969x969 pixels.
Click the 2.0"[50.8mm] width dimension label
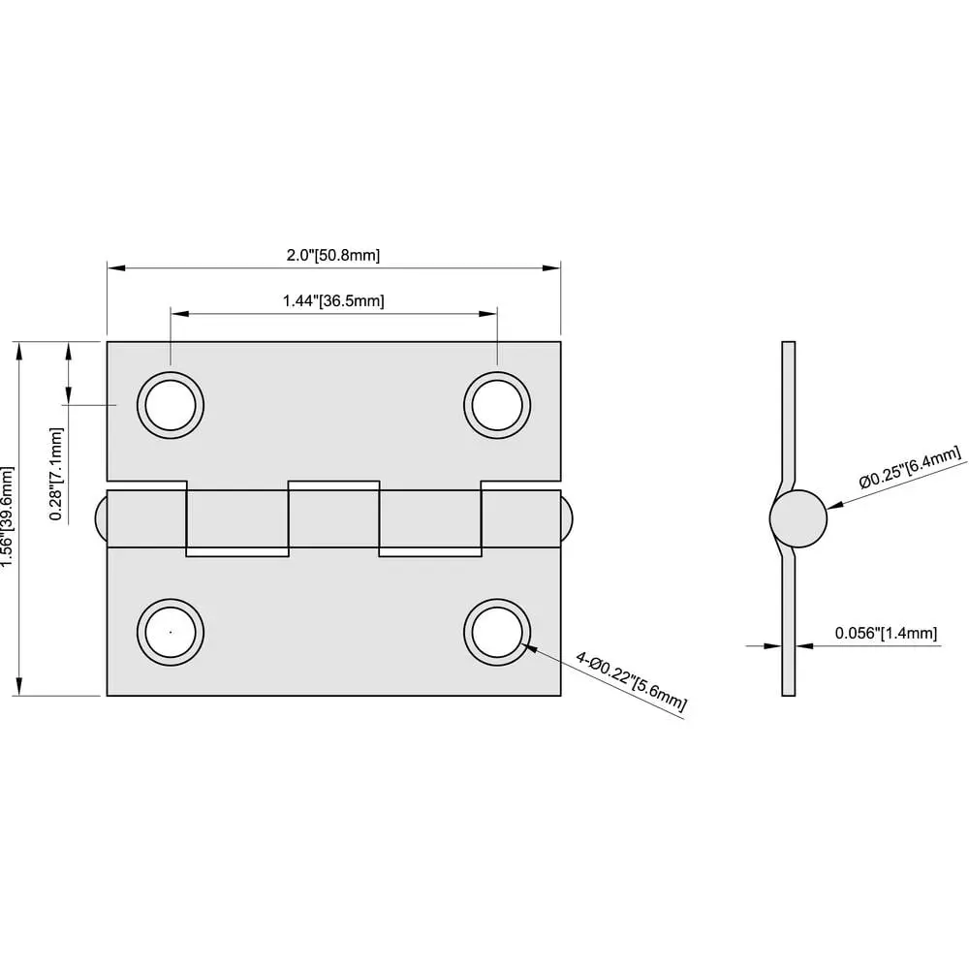tap(333, 255)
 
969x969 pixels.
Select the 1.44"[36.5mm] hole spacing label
tap(333, 301)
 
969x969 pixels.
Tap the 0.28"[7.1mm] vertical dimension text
tap(56, 474)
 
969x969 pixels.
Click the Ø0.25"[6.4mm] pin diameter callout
tap(910, 467)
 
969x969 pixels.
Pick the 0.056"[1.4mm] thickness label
tap(886, 633)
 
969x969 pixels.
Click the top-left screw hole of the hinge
tap(171, 405)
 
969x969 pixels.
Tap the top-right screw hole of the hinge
tap(497, 405)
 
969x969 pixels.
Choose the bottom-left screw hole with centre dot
tap(171, 632)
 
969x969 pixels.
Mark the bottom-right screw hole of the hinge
tap(497, 632)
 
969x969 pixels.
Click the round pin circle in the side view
tap(797, 518)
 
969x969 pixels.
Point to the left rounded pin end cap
tap(101, 518)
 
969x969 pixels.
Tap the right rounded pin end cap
tap(567, 518)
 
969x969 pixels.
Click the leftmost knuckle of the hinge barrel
tap(147, 518)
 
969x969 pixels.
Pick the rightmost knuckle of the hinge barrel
tap(521, 518)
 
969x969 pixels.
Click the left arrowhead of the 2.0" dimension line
tap(116, 267)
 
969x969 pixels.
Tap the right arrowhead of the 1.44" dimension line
tap(488, 314)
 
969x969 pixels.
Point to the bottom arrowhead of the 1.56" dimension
tap(19, 686)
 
